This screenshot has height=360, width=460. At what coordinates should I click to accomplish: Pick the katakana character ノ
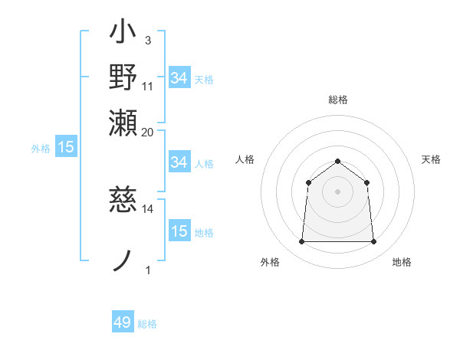pos(123,259)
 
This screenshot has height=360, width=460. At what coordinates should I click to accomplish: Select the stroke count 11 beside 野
pos(148,85)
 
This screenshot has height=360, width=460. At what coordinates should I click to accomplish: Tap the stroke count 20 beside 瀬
pos(148,131)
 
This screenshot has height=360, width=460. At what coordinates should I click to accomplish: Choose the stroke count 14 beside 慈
pos(148,208)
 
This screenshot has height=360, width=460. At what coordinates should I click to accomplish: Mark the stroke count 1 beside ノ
pos(148,269)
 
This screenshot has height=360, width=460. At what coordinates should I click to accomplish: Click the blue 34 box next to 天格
pos(179,78)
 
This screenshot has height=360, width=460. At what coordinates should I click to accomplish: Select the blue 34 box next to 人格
pos(179,162)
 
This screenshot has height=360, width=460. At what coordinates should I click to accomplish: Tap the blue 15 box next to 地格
pos(179,231)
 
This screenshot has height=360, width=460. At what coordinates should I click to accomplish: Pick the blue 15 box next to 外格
pos(65,147)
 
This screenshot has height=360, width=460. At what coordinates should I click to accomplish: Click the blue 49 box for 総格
pos(123,322)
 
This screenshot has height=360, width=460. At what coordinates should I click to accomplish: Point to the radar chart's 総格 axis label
pos(338,100)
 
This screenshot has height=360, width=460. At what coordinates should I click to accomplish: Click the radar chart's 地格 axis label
pos(402,262)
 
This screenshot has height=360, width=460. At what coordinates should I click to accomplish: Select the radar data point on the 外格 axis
pos(301,242)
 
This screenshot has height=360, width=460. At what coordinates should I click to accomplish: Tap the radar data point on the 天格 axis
pos(367,182)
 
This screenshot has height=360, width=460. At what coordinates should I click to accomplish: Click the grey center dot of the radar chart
pos(338,191)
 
